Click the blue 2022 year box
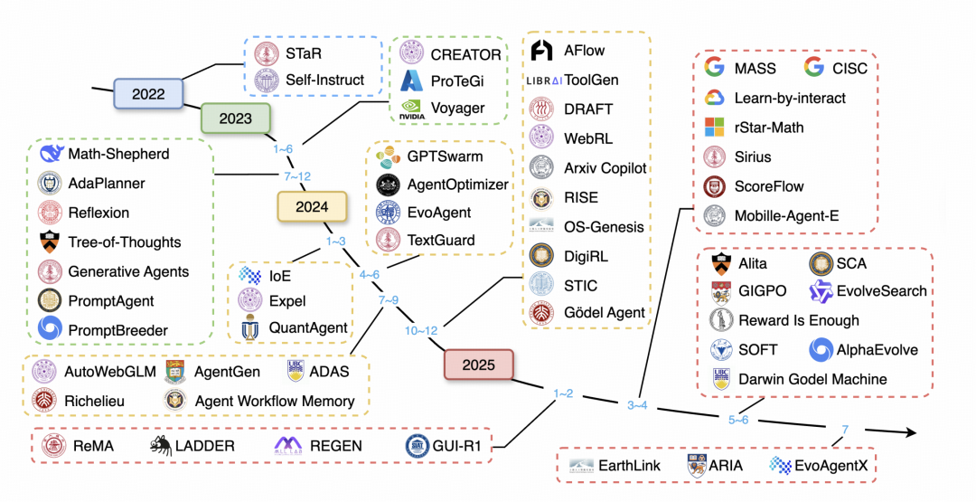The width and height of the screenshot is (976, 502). point(148,94)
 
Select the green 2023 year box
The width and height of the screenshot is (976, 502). point(235,118)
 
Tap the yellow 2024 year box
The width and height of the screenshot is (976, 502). point(312,206)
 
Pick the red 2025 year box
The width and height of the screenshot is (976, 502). point(479,365)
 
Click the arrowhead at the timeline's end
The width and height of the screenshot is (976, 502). point(910,433)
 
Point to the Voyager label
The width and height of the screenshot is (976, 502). point(457,109)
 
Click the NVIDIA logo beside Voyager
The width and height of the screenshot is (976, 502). point(412,109)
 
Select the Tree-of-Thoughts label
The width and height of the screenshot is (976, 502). point(125,242)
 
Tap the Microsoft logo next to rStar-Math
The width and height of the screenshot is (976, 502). point(715,127)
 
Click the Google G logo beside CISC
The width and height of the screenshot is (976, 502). point(813,67)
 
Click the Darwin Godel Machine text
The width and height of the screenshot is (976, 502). point(812,379)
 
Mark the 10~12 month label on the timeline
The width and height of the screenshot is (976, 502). point(421,331)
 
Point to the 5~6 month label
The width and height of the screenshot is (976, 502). point(738,420)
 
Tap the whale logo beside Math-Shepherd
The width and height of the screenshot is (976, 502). point(51,153)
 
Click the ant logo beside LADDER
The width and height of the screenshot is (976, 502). point(160,446)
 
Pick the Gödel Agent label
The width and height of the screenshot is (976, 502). point(605,313)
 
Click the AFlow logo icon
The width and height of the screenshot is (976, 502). point(541,51)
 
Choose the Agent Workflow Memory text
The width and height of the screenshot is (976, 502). point(275,402)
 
